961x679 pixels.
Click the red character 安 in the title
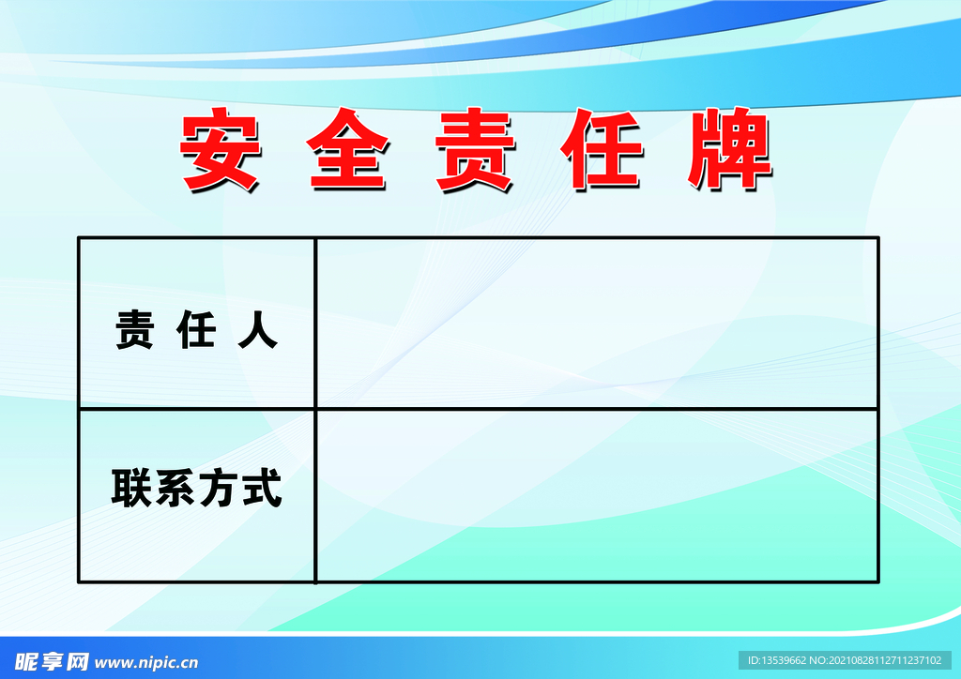point(220,152)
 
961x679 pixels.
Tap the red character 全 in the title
point(347,152)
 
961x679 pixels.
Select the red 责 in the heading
point(475,152)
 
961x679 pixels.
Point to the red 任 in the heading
point(603,152)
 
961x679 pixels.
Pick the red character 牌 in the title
point(730,152)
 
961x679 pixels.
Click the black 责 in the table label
point(134,331)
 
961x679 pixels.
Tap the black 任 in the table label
point(196,331)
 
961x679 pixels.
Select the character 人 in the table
point(258,331)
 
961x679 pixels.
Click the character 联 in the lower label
point(130,489)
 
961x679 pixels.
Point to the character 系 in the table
point(175,489)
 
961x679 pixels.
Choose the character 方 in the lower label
point(219,489)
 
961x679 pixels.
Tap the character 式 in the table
point(262,489)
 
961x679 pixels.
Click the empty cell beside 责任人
point(596,323)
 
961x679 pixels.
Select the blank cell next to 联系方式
point(596,495)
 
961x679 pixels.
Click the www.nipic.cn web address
point(147,662)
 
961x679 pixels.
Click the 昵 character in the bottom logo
point(27,662)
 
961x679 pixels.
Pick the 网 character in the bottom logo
point(76,662)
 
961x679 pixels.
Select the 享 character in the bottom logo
point(52,662)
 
